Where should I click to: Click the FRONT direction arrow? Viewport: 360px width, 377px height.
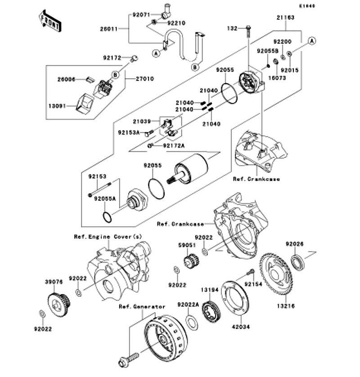(x=50, y=21)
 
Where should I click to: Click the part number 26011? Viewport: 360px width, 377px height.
(x=109, y=29)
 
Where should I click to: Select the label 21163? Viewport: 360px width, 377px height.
(x=285, y=18)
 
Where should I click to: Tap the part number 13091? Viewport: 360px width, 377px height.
(x=57, y=106)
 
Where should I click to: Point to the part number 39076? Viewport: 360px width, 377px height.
(x=54, y=282)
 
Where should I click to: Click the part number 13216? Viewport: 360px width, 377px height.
(x=286, y=306)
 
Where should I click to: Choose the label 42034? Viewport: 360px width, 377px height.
(x=241, y=327)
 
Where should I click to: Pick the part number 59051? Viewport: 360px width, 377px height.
(x=187, y=245)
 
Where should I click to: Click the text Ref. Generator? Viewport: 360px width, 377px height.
(x=142, y=307)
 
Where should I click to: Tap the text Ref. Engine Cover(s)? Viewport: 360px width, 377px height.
(x=108, y=237)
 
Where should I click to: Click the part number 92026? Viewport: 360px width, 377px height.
(x=295, y=244)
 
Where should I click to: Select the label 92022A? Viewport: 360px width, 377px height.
(x=188, y=305)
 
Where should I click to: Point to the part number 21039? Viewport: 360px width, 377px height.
(x=142, y=121)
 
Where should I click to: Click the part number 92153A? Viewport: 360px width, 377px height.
(x=129, y=132)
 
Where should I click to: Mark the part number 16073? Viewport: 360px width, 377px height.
(x=277, y=78)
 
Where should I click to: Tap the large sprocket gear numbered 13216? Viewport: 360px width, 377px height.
(x=276, y=274)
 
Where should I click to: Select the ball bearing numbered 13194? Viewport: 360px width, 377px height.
(x=211, y=312)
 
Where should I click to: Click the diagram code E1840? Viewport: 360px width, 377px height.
(x=307, y=6)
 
